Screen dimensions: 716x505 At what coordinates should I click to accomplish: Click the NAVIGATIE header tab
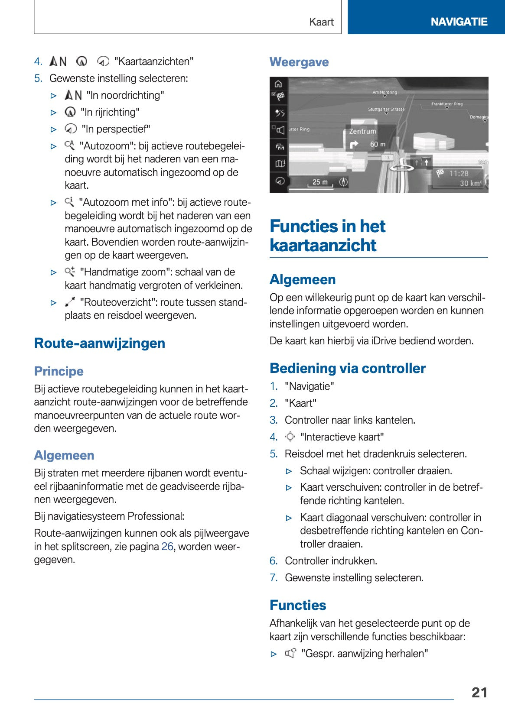click(459, 22)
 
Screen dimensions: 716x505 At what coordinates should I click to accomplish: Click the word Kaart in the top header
click(321, 22)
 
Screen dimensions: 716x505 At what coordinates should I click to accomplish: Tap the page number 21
click(479, 692)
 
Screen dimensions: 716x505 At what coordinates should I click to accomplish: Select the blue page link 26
click(167, 547)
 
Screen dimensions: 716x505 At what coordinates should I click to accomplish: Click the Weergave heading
click(299, 62)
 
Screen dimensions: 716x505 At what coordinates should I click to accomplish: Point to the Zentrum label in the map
click(363, 131)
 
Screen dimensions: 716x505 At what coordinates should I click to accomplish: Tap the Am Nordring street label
click(384, 92)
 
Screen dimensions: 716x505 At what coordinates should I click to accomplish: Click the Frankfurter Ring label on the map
click(446, 104)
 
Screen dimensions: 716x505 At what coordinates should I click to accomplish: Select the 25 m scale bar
click(320, 183)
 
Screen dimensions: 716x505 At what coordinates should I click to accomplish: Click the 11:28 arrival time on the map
click(459, 174)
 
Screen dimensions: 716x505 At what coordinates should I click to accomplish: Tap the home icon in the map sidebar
click(278, 84)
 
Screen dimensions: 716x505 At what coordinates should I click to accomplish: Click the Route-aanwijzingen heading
click(100, 343)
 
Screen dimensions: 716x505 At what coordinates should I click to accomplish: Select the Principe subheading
click(59, 371)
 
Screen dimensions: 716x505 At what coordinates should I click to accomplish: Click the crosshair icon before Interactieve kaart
click(290, 437)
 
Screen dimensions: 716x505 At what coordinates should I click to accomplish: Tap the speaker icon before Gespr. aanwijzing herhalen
click(290, 653)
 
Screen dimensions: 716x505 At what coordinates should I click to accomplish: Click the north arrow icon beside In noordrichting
click(73, 95)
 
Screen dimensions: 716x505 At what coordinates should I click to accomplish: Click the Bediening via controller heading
click(347, 368)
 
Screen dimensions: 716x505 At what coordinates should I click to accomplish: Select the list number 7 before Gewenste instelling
click(273, 578)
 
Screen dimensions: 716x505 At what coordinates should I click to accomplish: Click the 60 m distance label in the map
click(377, 144)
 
